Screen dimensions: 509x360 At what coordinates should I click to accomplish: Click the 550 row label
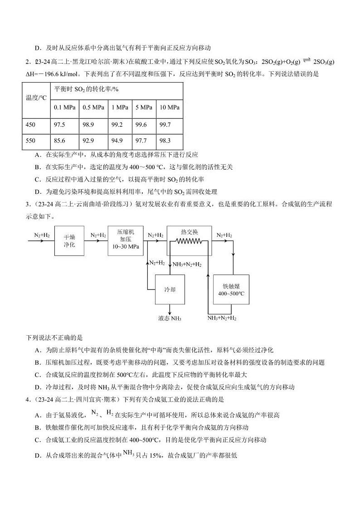(30, 141)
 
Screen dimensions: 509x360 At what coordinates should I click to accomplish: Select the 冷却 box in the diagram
(170, 289)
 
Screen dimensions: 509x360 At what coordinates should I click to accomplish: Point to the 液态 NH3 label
(170, 318)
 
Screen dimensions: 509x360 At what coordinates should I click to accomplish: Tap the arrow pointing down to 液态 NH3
(170, 309)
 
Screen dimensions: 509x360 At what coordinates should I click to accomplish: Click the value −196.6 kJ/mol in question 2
(57, 73)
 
